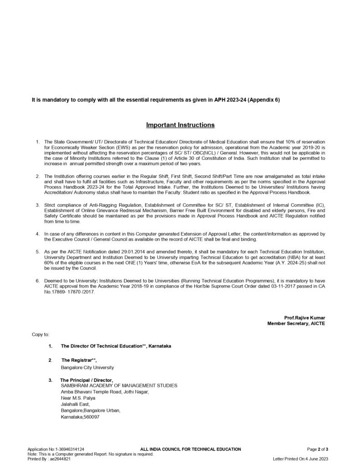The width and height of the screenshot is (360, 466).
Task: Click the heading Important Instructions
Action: (180, 125)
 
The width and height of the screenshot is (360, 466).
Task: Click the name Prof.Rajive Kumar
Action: (304, 317)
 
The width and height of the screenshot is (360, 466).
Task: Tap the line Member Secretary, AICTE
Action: (296, 323)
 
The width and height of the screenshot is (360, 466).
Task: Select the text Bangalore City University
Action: (87, 367)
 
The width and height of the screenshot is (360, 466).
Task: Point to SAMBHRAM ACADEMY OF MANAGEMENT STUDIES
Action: (119, 385)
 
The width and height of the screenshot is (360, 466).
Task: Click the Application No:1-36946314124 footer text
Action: (56, 449)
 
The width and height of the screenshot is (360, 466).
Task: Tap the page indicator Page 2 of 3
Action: (317, 449)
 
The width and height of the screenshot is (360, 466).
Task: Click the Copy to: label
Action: (41, 334)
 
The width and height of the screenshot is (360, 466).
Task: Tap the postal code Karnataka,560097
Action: (80, 416)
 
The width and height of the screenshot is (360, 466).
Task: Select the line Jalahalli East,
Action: (76, 404)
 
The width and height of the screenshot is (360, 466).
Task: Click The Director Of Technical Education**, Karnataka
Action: (116, 346)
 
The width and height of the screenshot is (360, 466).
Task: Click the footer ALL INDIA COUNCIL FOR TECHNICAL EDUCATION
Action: (191, 449)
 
